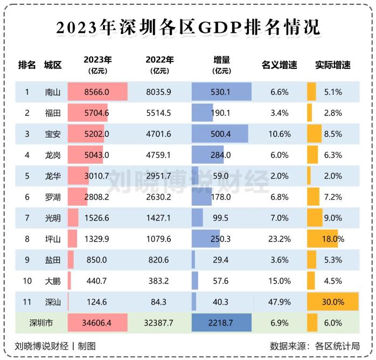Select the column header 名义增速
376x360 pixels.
point(280,65)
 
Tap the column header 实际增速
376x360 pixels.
point(332,65)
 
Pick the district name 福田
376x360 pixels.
point(53,113)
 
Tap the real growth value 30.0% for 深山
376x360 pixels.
point(332,302)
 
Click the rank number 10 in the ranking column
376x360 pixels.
point(27,281)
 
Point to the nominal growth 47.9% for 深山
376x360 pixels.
point(280,302)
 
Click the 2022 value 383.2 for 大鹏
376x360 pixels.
point(158,281)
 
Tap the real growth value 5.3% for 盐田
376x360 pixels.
point(333,260)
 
